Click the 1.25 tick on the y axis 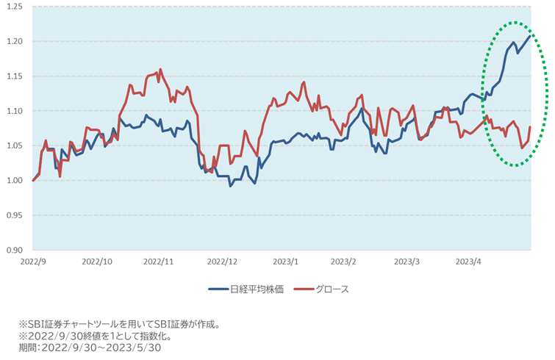click(16, 7)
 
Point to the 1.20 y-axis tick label click(16, 41)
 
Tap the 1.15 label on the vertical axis click(16, 76)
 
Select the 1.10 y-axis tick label click(16, 111)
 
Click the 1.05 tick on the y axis click(16, 145)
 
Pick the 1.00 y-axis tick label click(16, 181)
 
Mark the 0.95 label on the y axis click(16, 215)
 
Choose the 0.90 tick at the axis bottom click(16, 251)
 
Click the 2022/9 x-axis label click(35, 262)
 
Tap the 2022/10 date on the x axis click(97, 262)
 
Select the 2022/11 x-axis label click(158, 262)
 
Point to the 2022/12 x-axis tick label click(221, 262)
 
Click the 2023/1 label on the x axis click(284, 262)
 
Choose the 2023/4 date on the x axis click(468, 262)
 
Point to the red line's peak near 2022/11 click(160, 70)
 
